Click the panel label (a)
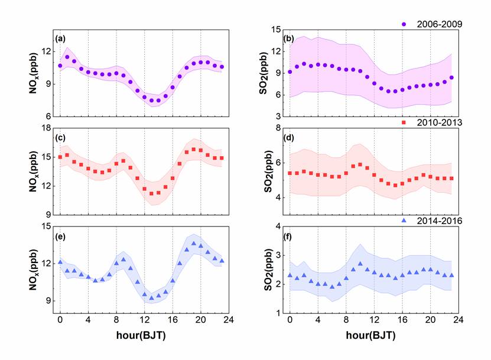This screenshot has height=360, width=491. pyautogui.click(x=60, y=38)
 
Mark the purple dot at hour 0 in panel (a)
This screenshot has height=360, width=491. pyautogui.click(x=60, y=66)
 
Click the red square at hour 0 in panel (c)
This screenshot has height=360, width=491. pyautogui.click(x=60, y=157)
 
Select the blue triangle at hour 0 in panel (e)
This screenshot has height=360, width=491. pyautogui.click(x=60, y=261)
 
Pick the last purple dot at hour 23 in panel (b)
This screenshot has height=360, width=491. pyautogui.click(x=451, y=77)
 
